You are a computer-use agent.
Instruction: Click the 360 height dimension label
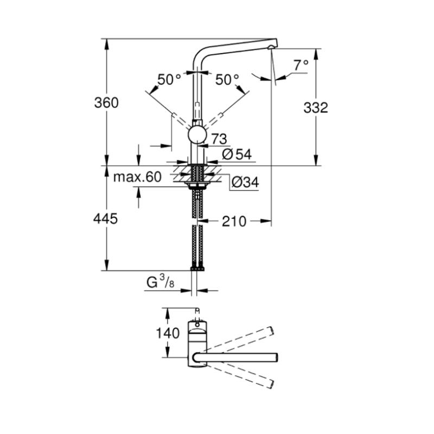[106, 103]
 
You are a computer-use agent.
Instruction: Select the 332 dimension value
[316, 107]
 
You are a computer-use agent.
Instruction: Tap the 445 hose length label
[105, 219]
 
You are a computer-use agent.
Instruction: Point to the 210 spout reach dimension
[234, 221]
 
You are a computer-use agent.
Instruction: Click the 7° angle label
[301, 65]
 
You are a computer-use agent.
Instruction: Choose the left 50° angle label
[169, 80]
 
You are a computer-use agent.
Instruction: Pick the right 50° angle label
[227, 80]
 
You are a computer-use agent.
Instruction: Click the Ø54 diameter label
[237, 155]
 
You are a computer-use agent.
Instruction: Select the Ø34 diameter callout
[245, 182]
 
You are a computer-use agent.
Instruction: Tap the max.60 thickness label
[137, 177]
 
